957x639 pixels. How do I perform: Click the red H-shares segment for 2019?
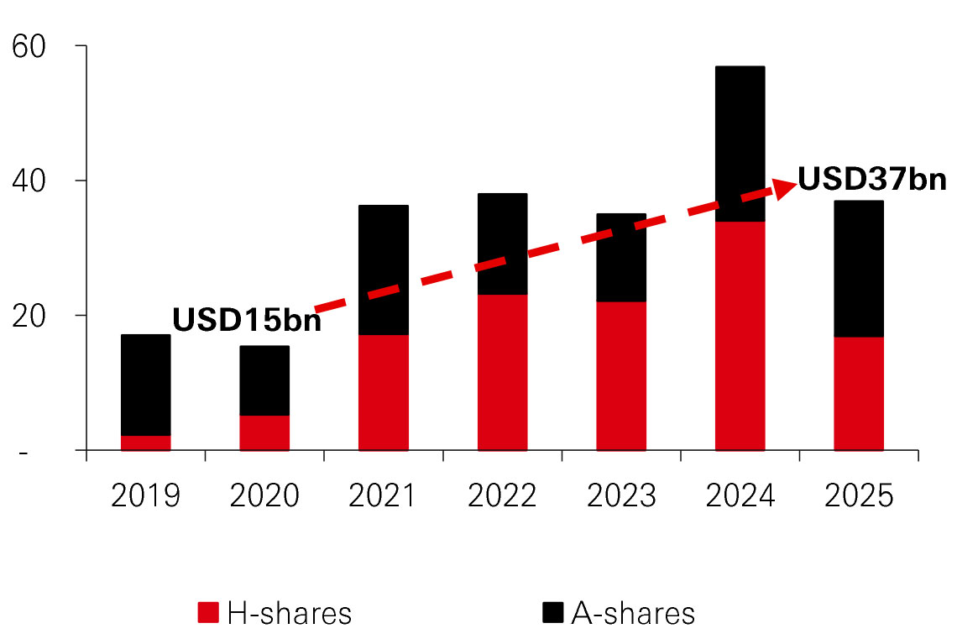[146, 443]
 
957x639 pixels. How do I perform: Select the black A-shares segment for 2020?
[264, 380]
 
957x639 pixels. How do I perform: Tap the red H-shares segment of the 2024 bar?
[740, 336]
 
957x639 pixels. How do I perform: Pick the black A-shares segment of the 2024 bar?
[740, 143]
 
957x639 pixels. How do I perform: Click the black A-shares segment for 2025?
[858, 269]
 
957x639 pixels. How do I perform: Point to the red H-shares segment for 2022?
[502, 372]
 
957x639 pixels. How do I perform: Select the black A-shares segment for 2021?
[384, 270]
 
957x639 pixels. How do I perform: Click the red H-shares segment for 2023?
[621, 375]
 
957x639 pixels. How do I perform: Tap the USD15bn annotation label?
[247, 321]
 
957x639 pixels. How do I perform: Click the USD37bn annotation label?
[871, 180]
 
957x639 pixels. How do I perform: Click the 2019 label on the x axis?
[146, 496]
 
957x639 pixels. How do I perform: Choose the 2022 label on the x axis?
[502, 496]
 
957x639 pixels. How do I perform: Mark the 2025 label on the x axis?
[858, 496]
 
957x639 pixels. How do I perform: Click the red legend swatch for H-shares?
[208, 613]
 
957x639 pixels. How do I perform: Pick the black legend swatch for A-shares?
[552, 613]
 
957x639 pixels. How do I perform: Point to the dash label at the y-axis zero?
[24, 453]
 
